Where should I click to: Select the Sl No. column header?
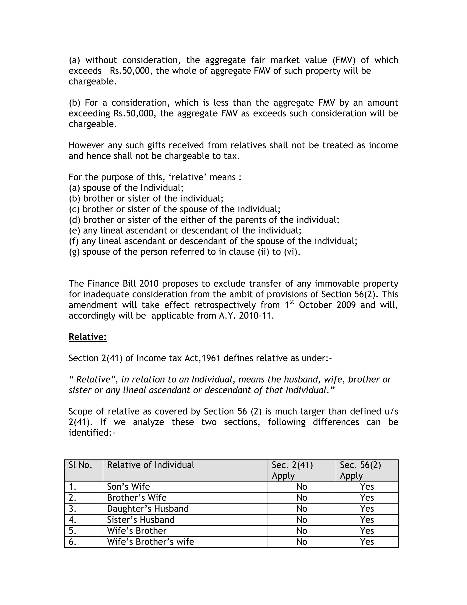[x=80, y=465]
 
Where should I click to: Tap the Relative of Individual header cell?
[x=150, y=465]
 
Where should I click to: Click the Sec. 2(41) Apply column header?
[x=292, y=470]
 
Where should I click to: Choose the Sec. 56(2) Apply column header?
[x=360, y=470]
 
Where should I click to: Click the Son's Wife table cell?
[x=128, y=487]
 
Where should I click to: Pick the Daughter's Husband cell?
[x=148, y=509]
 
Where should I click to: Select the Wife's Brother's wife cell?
[x=150, y=542]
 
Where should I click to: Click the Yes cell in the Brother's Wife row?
[x=367, y=498]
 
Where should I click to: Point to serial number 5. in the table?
[x=73, y=531]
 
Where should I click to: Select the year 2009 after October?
[x=346, y=305]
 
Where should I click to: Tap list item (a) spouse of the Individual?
[x=126, y=188]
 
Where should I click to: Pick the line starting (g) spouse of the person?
[x=184, y=252]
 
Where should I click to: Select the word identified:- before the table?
[x=92, y=433]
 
